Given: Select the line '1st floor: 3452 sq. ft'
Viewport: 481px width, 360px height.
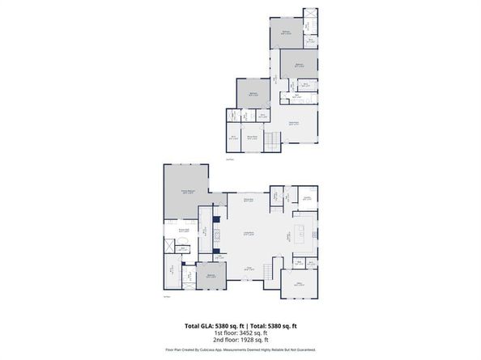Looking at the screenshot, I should [240, 332].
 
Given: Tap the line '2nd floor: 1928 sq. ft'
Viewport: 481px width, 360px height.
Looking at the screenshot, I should [240, 340].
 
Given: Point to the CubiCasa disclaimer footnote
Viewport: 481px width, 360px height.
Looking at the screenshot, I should [240, 349].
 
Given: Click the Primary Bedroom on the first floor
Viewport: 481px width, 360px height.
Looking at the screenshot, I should [186, 192].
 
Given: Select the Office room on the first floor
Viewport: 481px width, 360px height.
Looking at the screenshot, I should [305, 285].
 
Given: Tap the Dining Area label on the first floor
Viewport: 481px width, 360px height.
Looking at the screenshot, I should [249, 199].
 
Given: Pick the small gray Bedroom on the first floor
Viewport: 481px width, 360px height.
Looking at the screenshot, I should [211, 277].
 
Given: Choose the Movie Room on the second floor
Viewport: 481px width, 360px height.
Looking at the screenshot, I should [252, 138].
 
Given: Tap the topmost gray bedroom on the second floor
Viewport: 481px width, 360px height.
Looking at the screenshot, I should [286, 32].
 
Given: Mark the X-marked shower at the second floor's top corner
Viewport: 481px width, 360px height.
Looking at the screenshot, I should [310, 15].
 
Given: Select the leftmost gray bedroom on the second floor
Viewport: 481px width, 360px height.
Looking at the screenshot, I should [253, 94].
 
